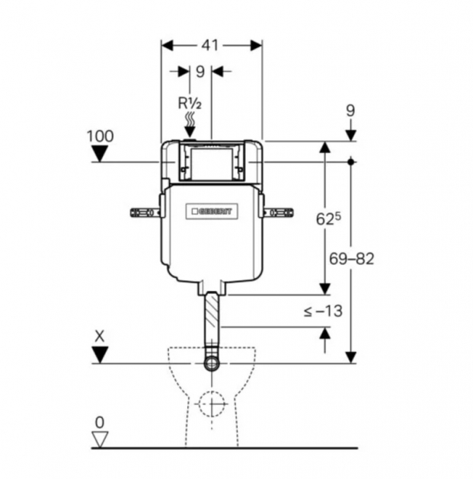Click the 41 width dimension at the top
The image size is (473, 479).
(211, 45)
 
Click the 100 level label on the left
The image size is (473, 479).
(100, 136)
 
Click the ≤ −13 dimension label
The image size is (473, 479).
(322, 311)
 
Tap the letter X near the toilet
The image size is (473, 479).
(99, 335)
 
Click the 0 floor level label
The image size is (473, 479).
(99, 421)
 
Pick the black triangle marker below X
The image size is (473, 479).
(100, 353)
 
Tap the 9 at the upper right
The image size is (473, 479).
(350, 110)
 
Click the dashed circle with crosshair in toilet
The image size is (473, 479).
(212, 403)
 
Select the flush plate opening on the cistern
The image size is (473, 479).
(210, 161)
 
